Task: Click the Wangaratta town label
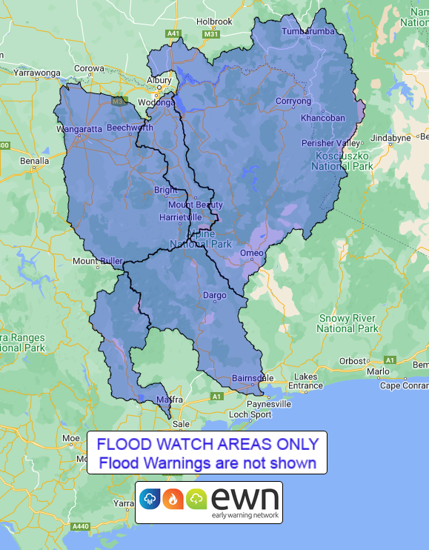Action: coord(79,129)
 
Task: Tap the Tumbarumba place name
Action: coord(308,31)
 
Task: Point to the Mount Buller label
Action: coord(96,261)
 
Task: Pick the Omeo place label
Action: coord(252,254)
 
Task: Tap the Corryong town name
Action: coord(293,101)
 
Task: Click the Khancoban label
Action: coord(323,118)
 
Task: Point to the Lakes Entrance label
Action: coord(305,381)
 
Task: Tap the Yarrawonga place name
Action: coord(35,74)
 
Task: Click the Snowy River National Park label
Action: coord(348,323)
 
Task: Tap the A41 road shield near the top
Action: coord(174,33)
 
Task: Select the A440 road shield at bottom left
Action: coord(82,527)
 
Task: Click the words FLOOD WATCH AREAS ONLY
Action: coord(207,445)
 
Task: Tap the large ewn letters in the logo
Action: coord(245,497)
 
